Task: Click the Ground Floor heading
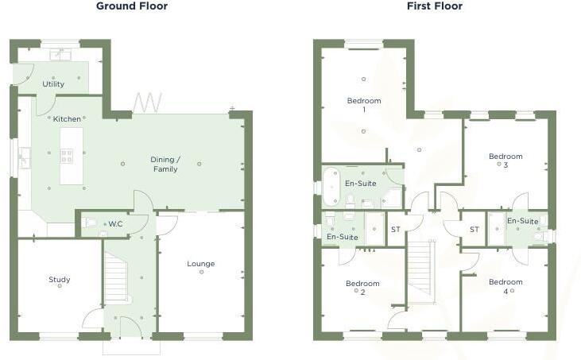point(132,6)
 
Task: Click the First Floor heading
point(434,6)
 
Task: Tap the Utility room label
point(54,83)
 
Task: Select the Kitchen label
point(67,119)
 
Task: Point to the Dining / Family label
point(165,165)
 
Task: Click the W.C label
point(115,223)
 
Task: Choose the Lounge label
point(200,264)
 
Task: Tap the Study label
point(60,280)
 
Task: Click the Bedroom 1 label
point(364,105)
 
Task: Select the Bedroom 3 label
point(505,160)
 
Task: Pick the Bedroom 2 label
point(362,287)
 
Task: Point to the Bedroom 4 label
point(505,286)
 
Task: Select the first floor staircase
point(420,270)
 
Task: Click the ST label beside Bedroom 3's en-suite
point(474,230)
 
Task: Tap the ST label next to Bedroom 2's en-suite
point(395,230)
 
